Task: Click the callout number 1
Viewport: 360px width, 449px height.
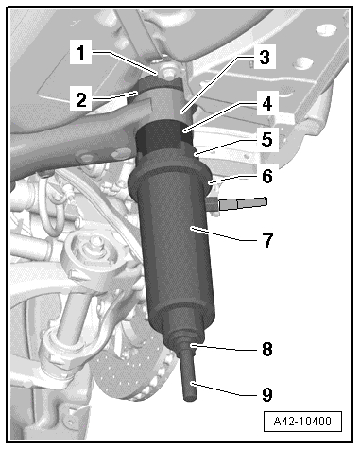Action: click(x=81, y=52)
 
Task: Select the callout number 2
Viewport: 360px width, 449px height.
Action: click(x=81, y=99)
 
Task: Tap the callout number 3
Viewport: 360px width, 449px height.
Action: click(x=265, y=58)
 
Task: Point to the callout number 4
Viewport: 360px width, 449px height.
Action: click(x=266, y=104)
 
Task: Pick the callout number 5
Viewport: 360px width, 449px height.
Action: click(x=266, y=139)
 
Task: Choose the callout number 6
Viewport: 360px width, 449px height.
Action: click(x=267, y=176)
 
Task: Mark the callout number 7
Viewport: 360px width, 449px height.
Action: click(x=267, y=240)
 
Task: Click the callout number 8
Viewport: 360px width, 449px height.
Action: click(x=267, y=349)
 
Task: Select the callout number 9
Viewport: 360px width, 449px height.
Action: click(x=267, y=394)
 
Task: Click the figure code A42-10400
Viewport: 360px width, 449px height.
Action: click(x=302, y=421)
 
